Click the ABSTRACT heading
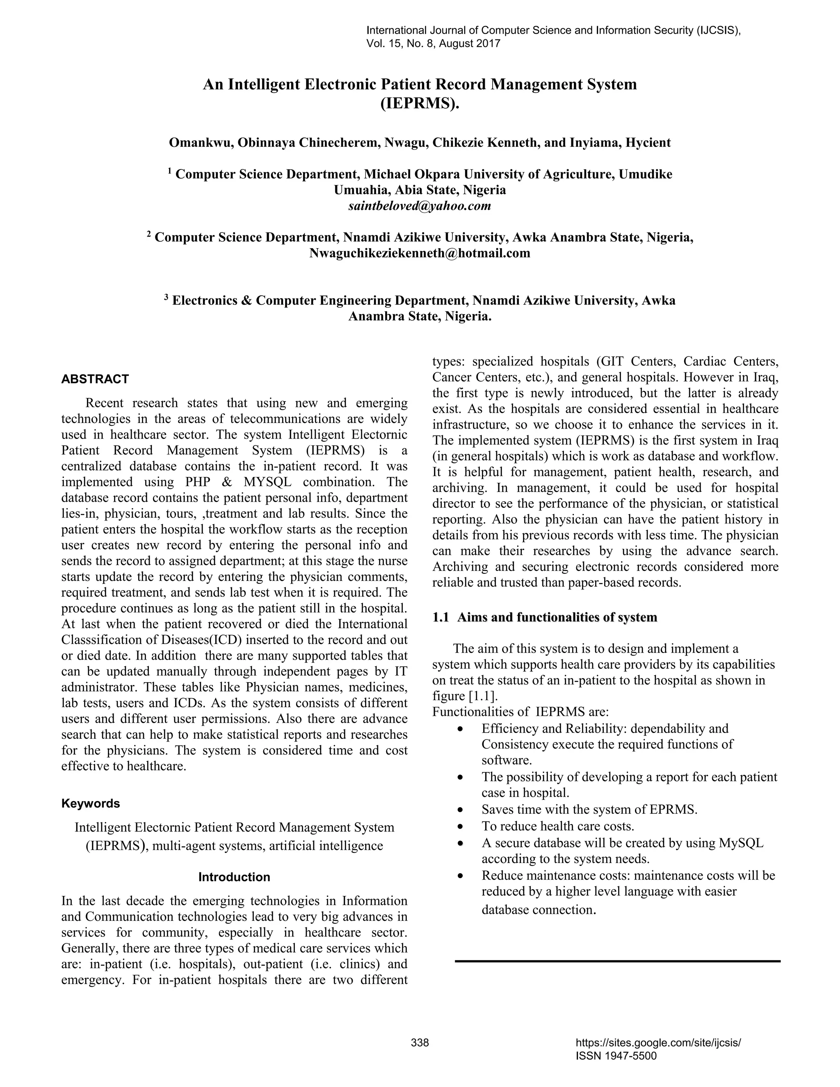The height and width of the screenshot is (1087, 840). [95, 379]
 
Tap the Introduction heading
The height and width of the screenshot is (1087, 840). [234, 877]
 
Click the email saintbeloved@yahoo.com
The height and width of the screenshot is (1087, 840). [420, 206]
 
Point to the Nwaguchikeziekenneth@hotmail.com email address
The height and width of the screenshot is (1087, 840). [420, 253]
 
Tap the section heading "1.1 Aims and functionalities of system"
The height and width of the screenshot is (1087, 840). [545, 618]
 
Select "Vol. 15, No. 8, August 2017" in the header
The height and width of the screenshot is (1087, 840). [433, 44]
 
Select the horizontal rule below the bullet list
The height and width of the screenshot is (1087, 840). [617, 961]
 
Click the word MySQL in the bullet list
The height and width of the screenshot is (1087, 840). [741, 843]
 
